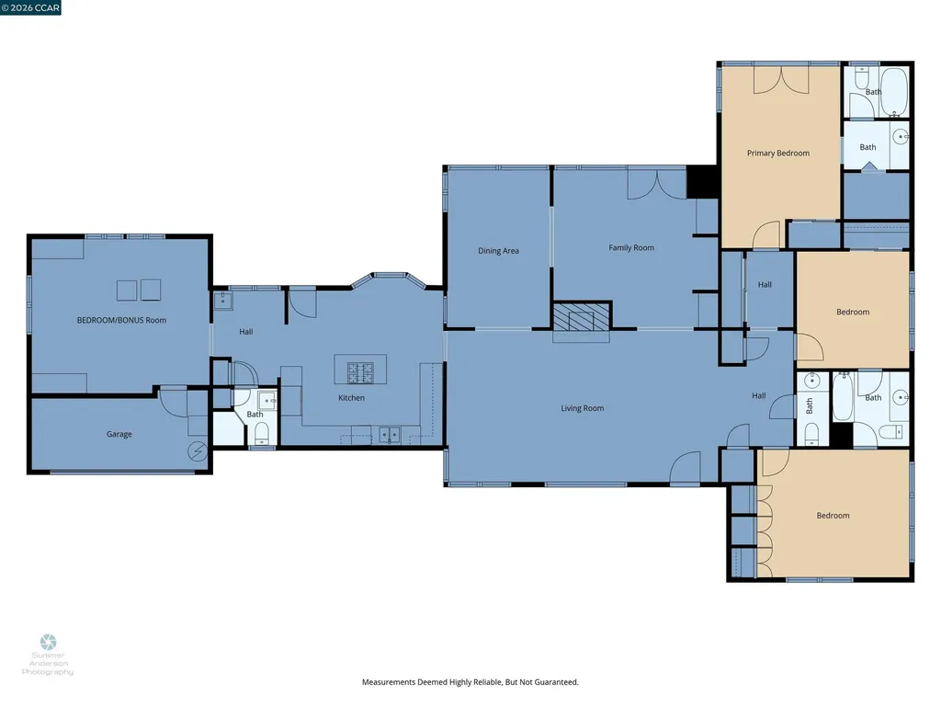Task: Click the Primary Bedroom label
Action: point(777,154)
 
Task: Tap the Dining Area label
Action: point(498,251)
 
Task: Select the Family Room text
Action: point(631,247)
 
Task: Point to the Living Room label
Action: point(582,408)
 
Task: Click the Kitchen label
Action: point(351,397)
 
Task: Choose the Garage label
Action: point(119,434)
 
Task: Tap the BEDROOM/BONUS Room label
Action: point(121,320)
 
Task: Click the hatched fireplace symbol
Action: point(581,317)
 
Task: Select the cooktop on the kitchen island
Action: point(360,373)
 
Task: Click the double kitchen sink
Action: point(390,434)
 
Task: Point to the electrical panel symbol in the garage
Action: point(198,450)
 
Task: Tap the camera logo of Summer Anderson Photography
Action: point(48,643)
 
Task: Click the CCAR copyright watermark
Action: point(30,7)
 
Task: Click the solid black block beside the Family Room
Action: point(702,181)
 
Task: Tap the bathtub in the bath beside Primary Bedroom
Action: point(893,93)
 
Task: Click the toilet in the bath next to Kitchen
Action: point(262,433)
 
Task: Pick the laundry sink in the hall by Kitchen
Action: point(223,301)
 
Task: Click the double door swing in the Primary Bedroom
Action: point(781,80)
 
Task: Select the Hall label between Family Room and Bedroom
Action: point(765,285)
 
